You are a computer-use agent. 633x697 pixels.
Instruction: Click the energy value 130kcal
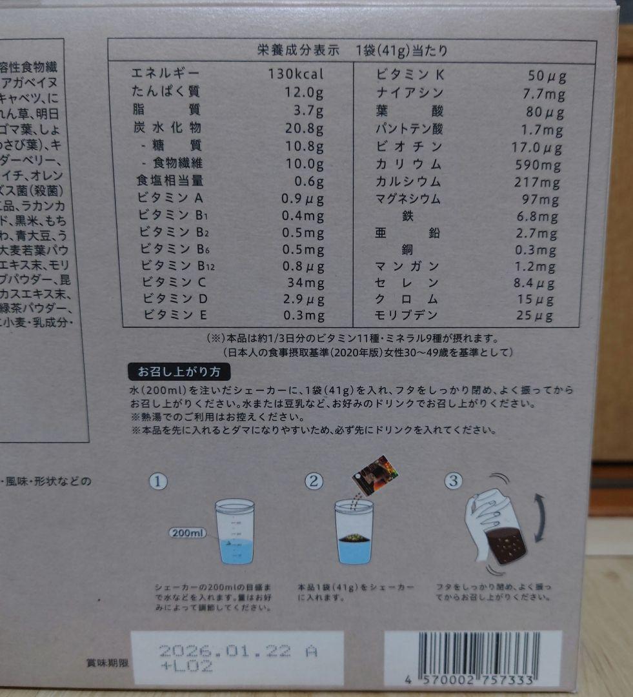point(296,74)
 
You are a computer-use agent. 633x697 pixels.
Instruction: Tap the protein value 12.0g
point(303,92)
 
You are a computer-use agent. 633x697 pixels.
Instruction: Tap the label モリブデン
point(407,316)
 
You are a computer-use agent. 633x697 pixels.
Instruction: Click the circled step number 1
point(159,481)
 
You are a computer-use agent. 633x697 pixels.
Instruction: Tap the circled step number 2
point(314,481)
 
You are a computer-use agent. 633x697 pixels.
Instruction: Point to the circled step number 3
point(455,481)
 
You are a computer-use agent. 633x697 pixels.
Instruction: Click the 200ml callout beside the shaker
point(188,533)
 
